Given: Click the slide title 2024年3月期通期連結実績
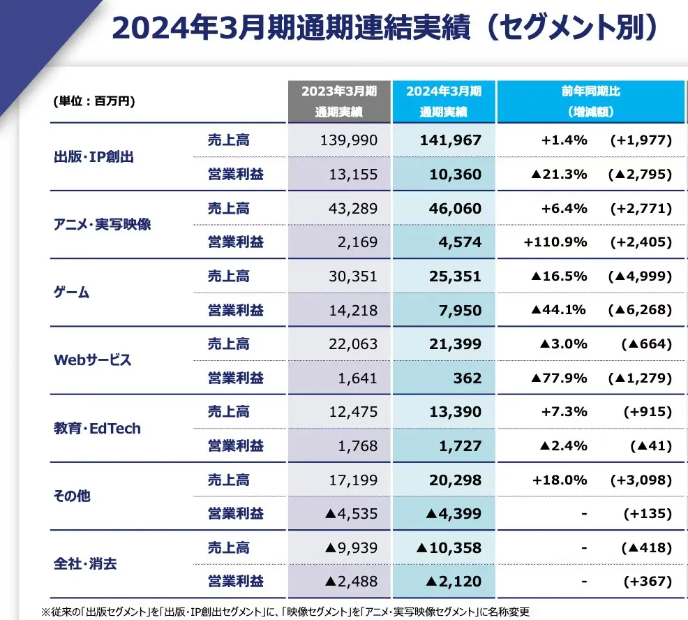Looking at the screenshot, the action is [291, 28].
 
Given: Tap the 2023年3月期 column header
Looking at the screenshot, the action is [339, 101].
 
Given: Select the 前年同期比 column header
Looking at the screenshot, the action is [590, 101].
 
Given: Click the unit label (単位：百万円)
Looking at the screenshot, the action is [94, 101].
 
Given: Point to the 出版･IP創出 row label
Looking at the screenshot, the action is [94, 157].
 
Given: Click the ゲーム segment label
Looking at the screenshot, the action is [71, 292].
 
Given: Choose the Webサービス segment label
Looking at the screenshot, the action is [92, 360].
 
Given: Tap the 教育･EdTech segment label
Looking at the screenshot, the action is [97, 428].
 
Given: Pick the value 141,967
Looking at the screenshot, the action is [451, 140].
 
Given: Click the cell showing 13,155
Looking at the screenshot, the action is [353, 175].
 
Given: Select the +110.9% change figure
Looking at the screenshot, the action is [555, 242].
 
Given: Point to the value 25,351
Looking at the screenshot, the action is [455, 276].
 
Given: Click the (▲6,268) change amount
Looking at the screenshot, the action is [640, 310].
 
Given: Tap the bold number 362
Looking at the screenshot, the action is [468, 378].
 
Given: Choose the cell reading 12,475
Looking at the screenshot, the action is [353, 412].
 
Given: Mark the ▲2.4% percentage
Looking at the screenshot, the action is [563, 445].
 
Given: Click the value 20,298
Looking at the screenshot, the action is [455, 480].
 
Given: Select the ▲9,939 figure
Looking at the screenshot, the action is [351, 547].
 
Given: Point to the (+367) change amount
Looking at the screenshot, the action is [648, 582].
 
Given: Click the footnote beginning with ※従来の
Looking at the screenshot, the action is [285, 612].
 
